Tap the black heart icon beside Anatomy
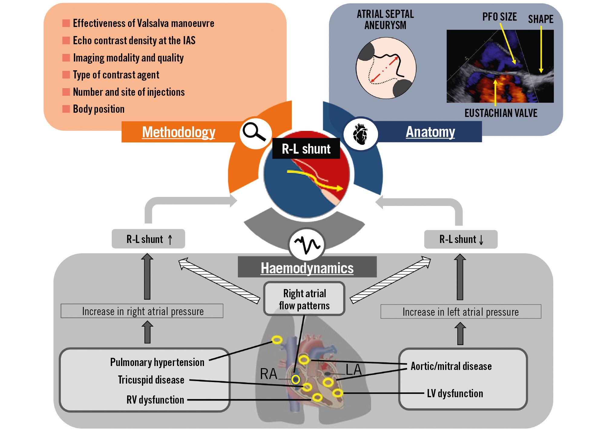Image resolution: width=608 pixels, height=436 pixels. pyautogui.click(x=360, y=134)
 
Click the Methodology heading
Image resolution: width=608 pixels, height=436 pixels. pyautogui.click(x=179, y=132)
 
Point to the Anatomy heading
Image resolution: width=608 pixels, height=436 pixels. pyautogui.click(x=430, y=132)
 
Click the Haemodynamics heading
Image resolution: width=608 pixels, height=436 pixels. pyautogui.click(x=307, y=268)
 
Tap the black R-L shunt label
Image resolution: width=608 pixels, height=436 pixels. pyautogui.click(x=306, y=149)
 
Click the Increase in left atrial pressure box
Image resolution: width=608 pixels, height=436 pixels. pyautogui.click(x=461, y=312)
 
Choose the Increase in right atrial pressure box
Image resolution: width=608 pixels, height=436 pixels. pyautogui.click(x=142, y=311)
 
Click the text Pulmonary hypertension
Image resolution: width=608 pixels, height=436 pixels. pyautogui.click(x=157, y=362)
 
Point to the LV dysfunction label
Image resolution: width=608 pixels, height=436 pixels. pyautogui.click(x=455, y=394)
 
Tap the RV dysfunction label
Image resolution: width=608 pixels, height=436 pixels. pyautogui.click(x=155, y=400)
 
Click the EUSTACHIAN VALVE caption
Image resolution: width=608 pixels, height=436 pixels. pyautogui.click(x=501, y=113)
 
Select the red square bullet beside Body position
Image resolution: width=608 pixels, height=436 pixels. pyautogui.click(x=66, y=109)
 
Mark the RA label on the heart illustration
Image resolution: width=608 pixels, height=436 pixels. pyautogui.click(x=268, y=374)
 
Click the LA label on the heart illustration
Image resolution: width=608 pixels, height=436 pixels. pyautogui.click(x=353, y=370)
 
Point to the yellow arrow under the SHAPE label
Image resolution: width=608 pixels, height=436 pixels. pyautogui.click(x=541, y=49)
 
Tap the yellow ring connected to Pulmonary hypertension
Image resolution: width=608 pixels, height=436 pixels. pyautogui.click(x=277, y=340)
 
